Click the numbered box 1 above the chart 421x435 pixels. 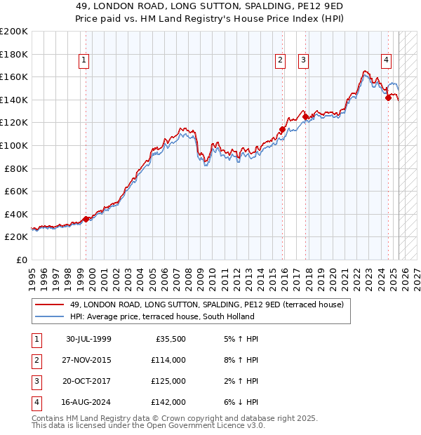click(x=83, y=60)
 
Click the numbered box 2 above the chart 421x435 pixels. click(x=280, y=60)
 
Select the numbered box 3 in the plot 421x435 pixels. click(x=303, y=60)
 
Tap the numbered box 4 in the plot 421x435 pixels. click(x=386, y=60)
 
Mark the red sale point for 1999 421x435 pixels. click(x=86, y=219)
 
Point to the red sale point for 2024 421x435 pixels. click(x=388, y=98)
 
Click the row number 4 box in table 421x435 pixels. click(x=35, y=402)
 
